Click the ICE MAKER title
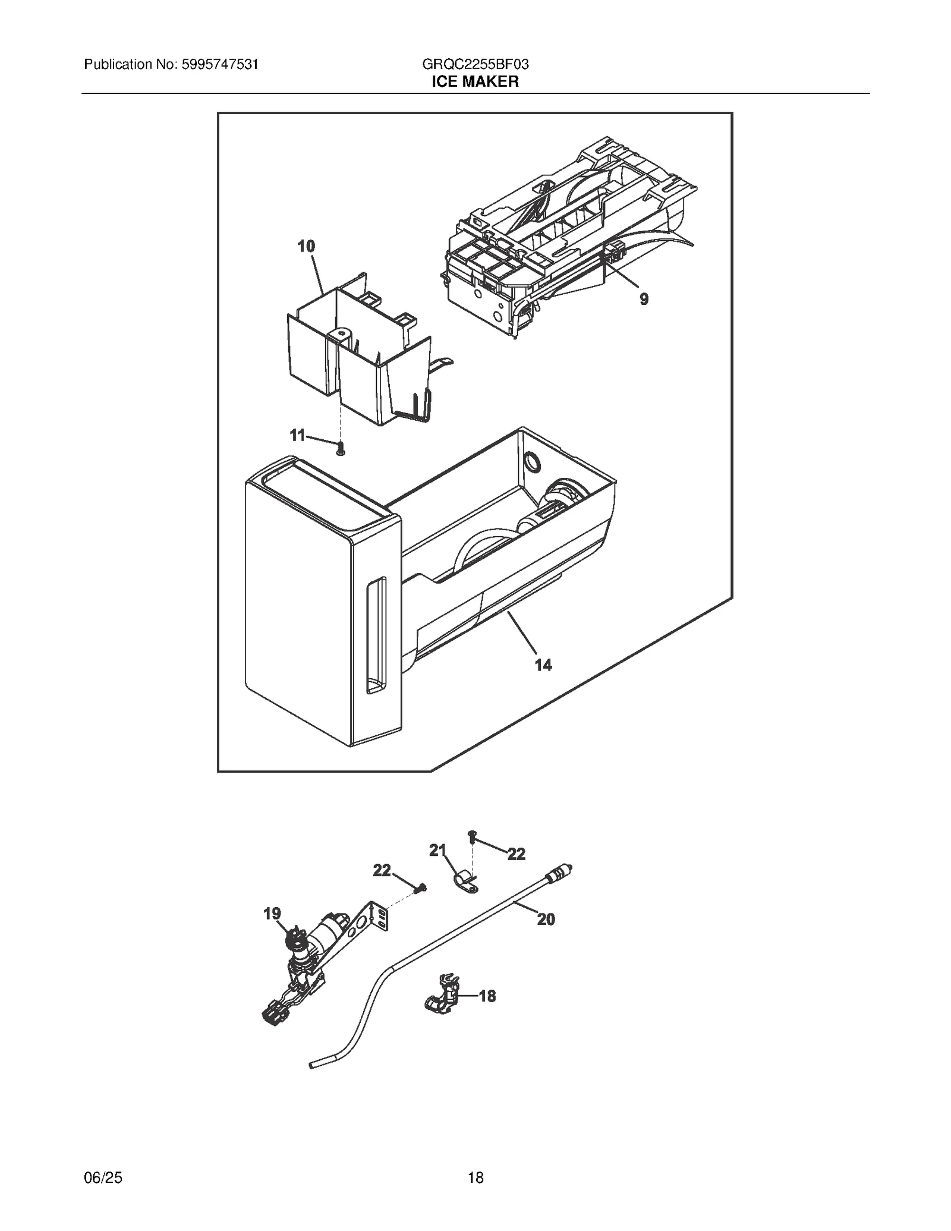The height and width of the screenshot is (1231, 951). pyautogui.click(x=475, y=81)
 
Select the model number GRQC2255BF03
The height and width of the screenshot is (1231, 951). pyautogui.click(x=475, y=64)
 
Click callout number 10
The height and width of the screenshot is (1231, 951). pyautogui.click(x=306, y=246)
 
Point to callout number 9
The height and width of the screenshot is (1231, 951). pyautogui.click(x=644, y=299)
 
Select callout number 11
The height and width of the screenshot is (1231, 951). pyautogui.click(x=297, y=435)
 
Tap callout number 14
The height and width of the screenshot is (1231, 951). pyautogui.click(x=543, y=665)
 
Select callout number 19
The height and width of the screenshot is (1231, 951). pyautogui.click(x=272, y=914)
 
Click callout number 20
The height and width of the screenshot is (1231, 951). pyautogui.click(x=546, y=920)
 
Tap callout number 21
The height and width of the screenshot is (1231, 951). pyautogui.click(x=437, y=851)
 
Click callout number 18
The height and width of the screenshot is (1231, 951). pyautogui.click(x=487, y=996)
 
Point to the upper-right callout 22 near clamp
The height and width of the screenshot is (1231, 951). pyautogui.click(x=517, y=854)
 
